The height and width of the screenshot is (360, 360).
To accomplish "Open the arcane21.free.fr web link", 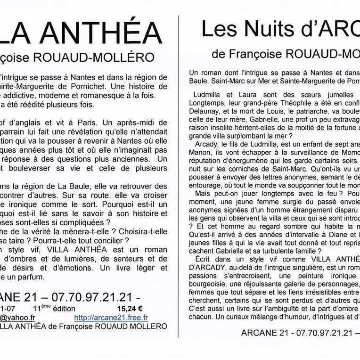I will click(111, 318).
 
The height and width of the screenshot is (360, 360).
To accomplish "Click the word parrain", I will click(16, 132).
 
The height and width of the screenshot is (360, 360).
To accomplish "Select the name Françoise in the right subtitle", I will click(255, 54).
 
